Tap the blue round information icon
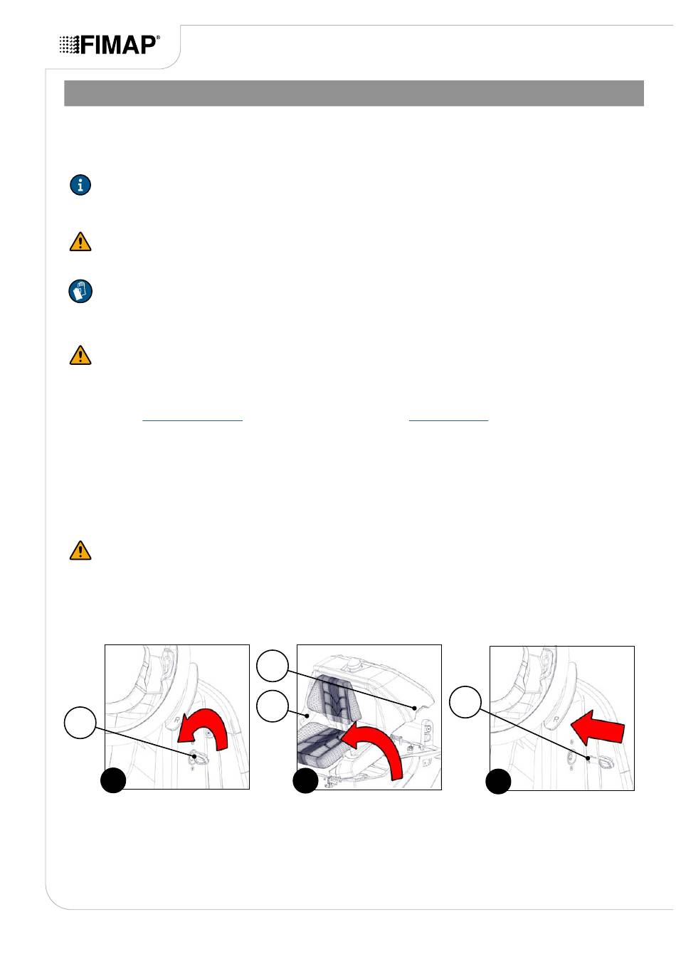pyautogui.click(x=80, y=185)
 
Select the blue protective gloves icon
pyautogui.click(x=80, y=292)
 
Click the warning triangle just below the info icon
pyautogui.click(x=80, y=242)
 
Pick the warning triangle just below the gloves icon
pyautogui.click(x=80, y=355)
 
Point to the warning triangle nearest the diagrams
pyautogui.click(x=80, y=550)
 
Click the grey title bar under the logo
pyautogui.click(x=354, y=93)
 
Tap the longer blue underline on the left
pyautogui.click(x=192, y=421)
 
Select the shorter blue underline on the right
pyautogui.click(x=448, y=421)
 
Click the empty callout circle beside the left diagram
pyautogui.click(x=80, y=723)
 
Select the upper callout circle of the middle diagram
pyautogui.click(x=273, y=665)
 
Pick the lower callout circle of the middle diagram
pyautogui.click(x=273, y=706)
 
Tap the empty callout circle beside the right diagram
pyautogui.click(x=465, y=701)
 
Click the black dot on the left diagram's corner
pyautogui.click(x=113, y=780)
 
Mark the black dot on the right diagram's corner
pyautogui.click(x=498, y=782)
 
